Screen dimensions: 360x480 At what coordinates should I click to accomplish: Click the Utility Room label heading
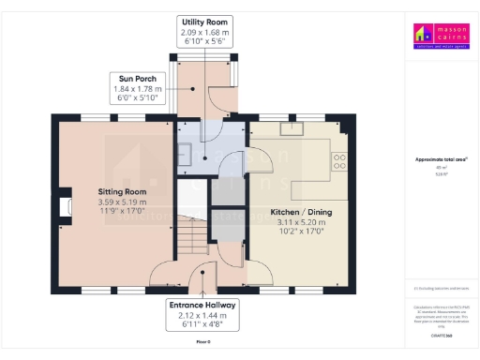click(204, 22)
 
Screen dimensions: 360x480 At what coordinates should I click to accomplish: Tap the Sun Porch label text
click(131, 79)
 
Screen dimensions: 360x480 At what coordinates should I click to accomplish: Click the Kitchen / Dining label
click(301, 213)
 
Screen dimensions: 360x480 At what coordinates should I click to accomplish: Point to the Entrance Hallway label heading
click(202, 306)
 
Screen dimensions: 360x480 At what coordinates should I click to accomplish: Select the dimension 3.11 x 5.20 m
click(301, 223)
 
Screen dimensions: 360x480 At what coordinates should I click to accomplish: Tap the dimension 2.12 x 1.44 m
click(202, 317)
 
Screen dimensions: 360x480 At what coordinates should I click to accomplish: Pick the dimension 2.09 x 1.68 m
click(204, 33)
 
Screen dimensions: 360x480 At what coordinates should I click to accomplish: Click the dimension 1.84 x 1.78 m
click(131, 89)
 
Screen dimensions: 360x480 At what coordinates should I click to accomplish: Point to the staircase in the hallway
click(192, 230)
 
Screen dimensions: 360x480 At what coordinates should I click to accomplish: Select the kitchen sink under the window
click(289, 132)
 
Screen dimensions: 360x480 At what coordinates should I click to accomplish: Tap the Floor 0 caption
click(202, 342)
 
